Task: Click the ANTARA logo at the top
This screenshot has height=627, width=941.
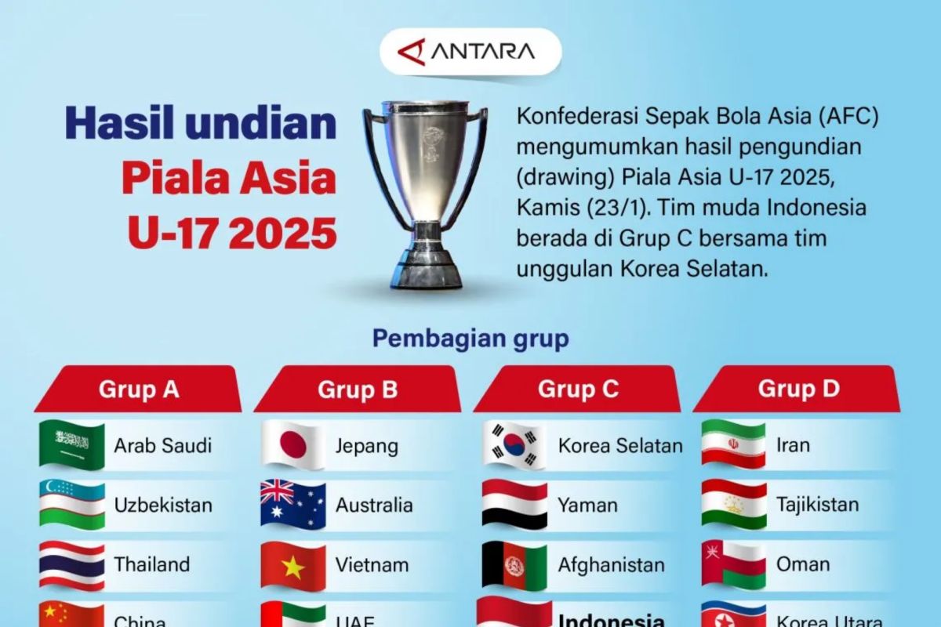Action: point(470,52)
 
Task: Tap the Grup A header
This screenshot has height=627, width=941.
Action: point(139,390)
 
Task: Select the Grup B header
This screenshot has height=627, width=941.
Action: point(358,390)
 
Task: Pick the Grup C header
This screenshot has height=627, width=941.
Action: point(578,390)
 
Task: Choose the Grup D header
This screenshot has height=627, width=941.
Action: point(798,390)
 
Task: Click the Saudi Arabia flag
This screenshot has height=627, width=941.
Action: point(72,446)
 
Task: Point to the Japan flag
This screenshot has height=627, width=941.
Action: point(293,446)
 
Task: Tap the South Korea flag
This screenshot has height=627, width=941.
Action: point(514,446)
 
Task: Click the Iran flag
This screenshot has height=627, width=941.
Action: point(733,445)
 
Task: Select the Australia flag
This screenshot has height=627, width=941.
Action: point(293,506)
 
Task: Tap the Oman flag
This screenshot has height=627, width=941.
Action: point(733,565)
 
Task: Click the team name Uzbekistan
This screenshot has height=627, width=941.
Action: point(163,506)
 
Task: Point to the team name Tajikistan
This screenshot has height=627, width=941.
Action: point(818,505)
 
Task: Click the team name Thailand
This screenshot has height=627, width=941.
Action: point(152,564)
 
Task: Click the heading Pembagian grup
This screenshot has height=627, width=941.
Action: point(470,339)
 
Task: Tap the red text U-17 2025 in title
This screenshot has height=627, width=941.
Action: point(232,234)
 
